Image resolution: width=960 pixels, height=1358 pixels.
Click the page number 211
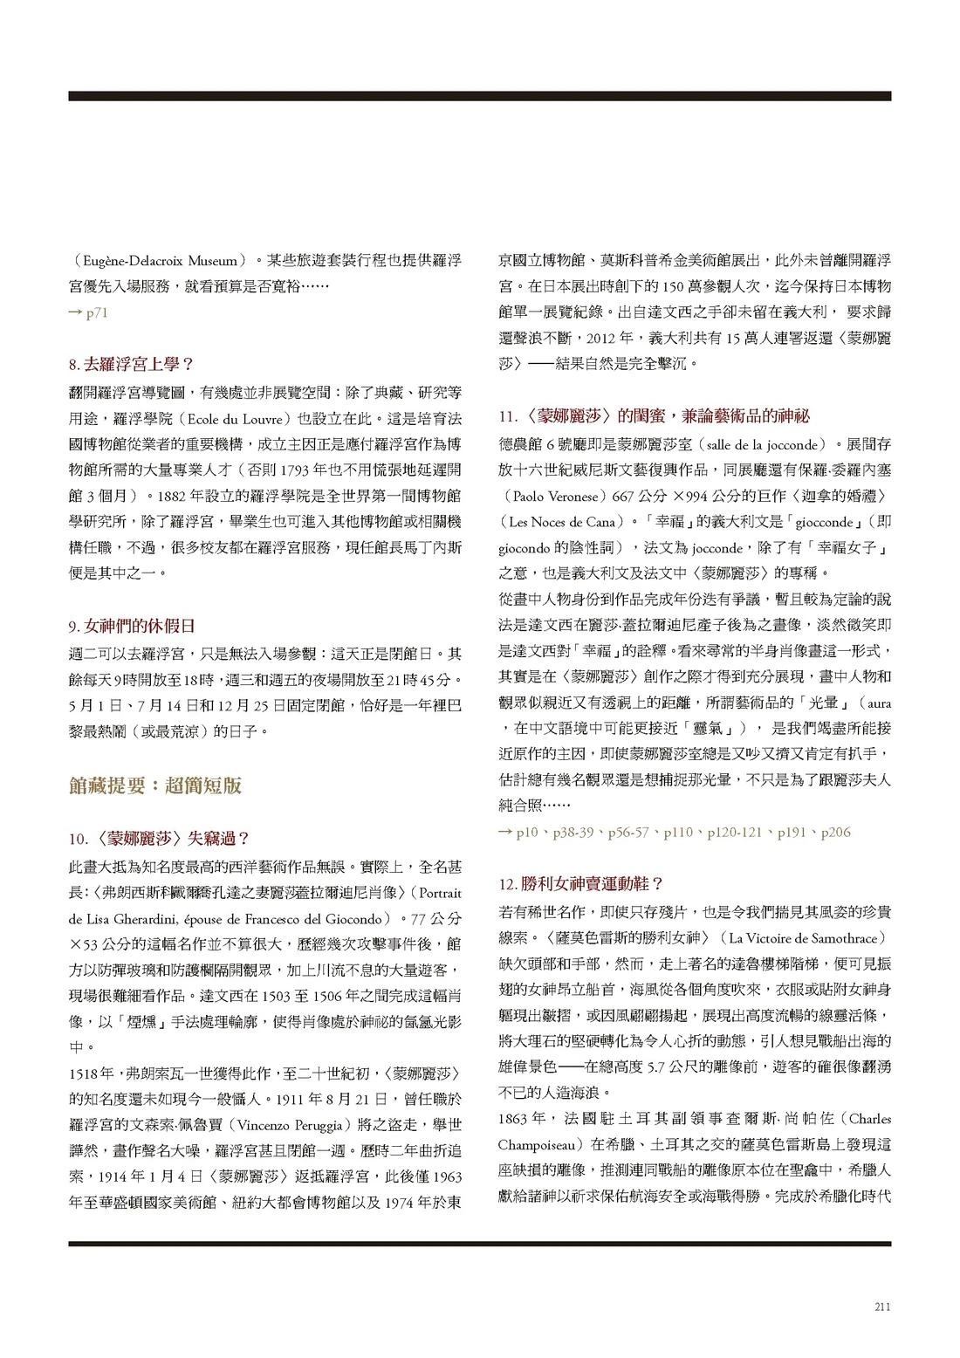(881, 1307)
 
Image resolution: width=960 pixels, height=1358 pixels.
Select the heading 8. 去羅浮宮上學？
(130, 364)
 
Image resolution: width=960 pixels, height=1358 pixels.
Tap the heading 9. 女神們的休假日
(131, 626)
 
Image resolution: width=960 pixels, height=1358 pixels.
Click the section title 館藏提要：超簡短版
(154, 785)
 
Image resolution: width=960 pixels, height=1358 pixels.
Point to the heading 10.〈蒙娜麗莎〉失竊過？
(159, 839)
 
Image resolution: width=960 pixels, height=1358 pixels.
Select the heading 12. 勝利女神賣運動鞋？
(581, 883)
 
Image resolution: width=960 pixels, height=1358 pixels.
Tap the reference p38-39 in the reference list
(575, 833)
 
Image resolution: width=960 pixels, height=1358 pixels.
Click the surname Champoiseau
(540, 1143)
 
